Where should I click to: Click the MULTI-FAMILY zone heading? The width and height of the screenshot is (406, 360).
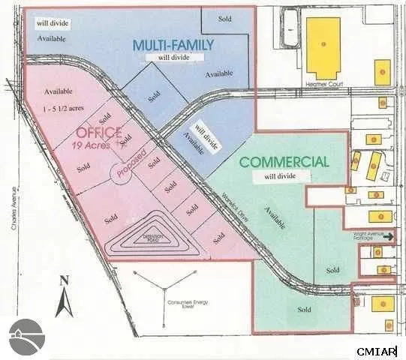(x=173, y=46)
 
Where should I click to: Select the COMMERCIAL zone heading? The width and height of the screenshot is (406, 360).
(x=284, y=161)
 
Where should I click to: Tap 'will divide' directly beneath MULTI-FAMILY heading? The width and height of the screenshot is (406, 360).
(x=172, y=56)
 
